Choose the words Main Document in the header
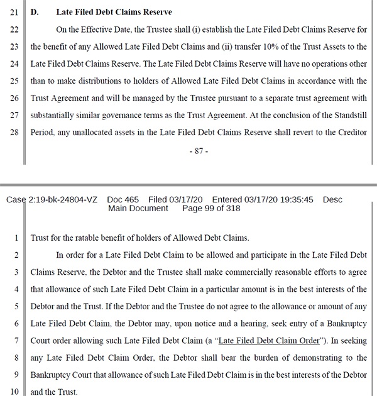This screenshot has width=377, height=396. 138,208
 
